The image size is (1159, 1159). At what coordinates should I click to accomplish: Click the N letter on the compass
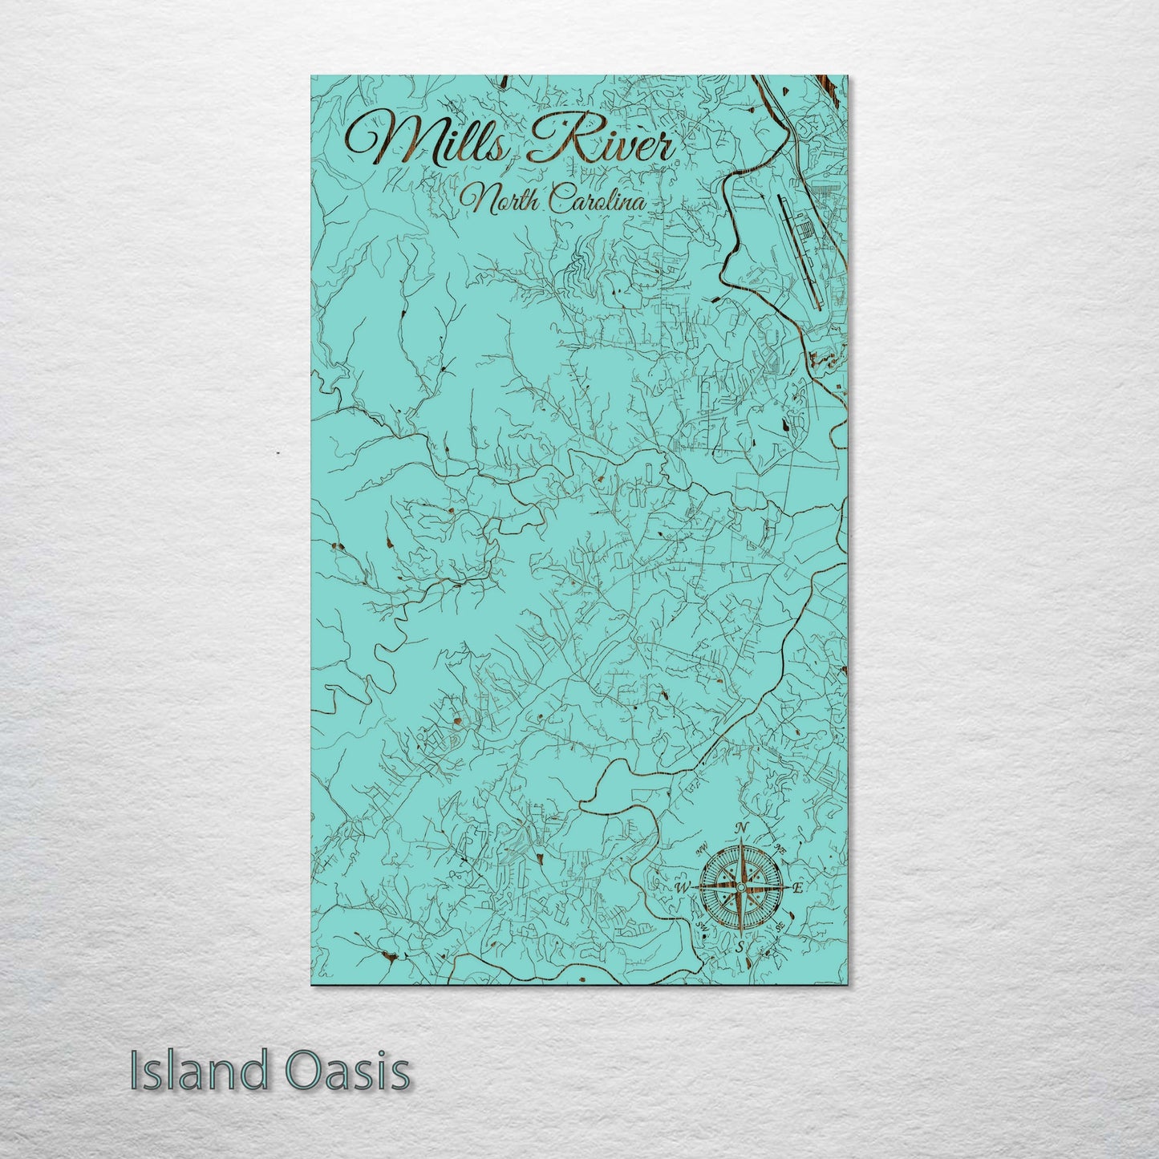(744, 829)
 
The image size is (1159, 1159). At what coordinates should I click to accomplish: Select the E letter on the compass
(797, 889)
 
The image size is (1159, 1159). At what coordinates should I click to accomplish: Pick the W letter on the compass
(683, 887)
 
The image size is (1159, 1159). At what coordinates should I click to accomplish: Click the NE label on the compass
(779, 847)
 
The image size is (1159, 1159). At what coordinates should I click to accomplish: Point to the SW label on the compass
(703, 929)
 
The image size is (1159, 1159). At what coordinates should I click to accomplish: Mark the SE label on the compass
(780, 929)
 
